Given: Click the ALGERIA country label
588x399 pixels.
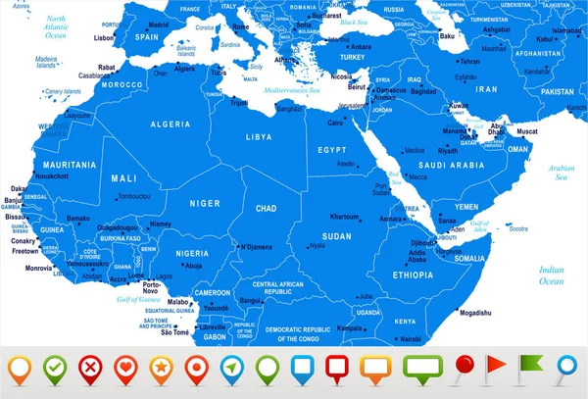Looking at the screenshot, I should tap(170, 125).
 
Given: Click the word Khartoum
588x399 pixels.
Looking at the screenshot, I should tap(344, 216).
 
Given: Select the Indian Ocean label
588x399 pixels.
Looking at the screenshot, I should tap(551, 274).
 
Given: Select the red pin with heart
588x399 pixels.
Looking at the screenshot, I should tap(125, 368).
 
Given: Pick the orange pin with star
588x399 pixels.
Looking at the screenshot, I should tap(162, 368).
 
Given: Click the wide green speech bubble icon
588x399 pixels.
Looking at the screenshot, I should tap(416, 367).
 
